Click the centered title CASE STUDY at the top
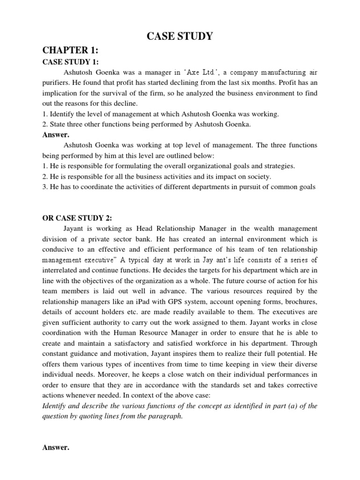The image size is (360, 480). pos(180,36)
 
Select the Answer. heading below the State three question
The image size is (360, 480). pos(56,135)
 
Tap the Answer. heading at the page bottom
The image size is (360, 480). pos(56,448)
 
